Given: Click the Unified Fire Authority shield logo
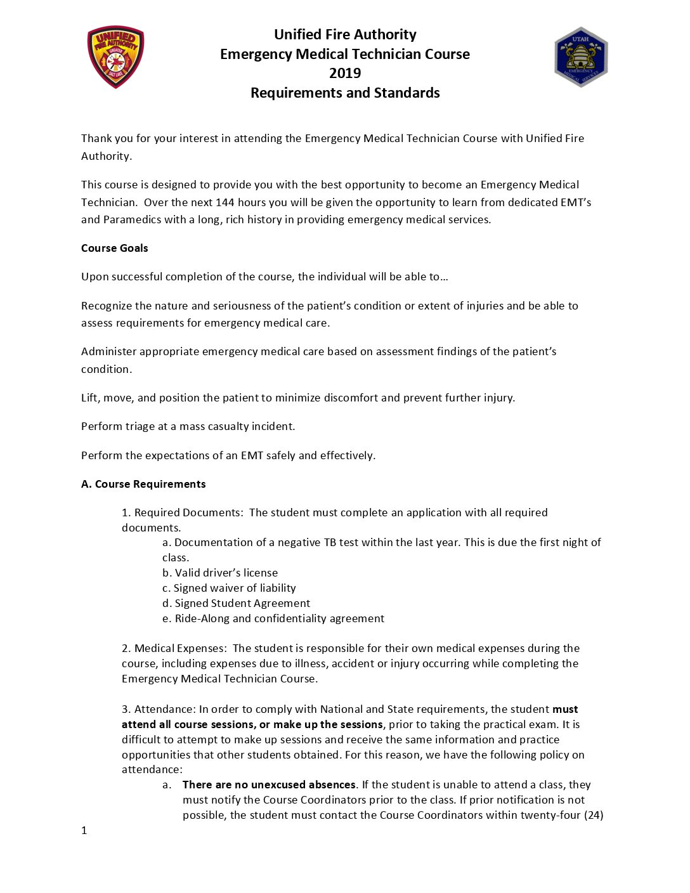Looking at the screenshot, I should (x=115, y=57).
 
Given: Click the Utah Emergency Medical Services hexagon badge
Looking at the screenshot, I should (x=581, y=57).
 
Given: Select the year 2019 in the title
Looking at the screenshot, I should (x=345, y=74).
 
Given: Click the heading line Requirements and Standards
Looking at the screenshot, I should (x=345, y=93).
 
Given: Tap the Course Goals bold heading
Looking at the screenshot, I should (x=114, y=248).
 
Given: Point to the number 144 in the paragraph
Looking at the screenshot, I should (x=225, y=202).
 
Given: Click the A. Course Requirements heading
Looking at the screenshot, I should (x=143, y=484).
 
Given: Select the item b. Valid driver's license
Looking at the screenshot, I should (x=220, y=573).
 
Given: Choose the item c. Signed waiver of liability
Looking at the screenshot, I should (x=229, y=588).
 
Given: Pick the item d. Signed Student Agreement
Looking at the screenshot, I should (x=236, y=603).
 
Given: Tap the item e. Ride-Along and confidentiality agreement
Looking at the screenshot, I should (x=273, y=618).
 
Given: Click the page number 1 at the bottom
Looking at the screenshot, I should (x=84, y=830).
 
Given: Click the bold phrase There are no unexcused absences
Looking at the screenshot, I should (x=269, y=785).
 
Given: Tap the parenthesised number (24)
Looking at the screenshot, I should (x=594, y=815).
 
